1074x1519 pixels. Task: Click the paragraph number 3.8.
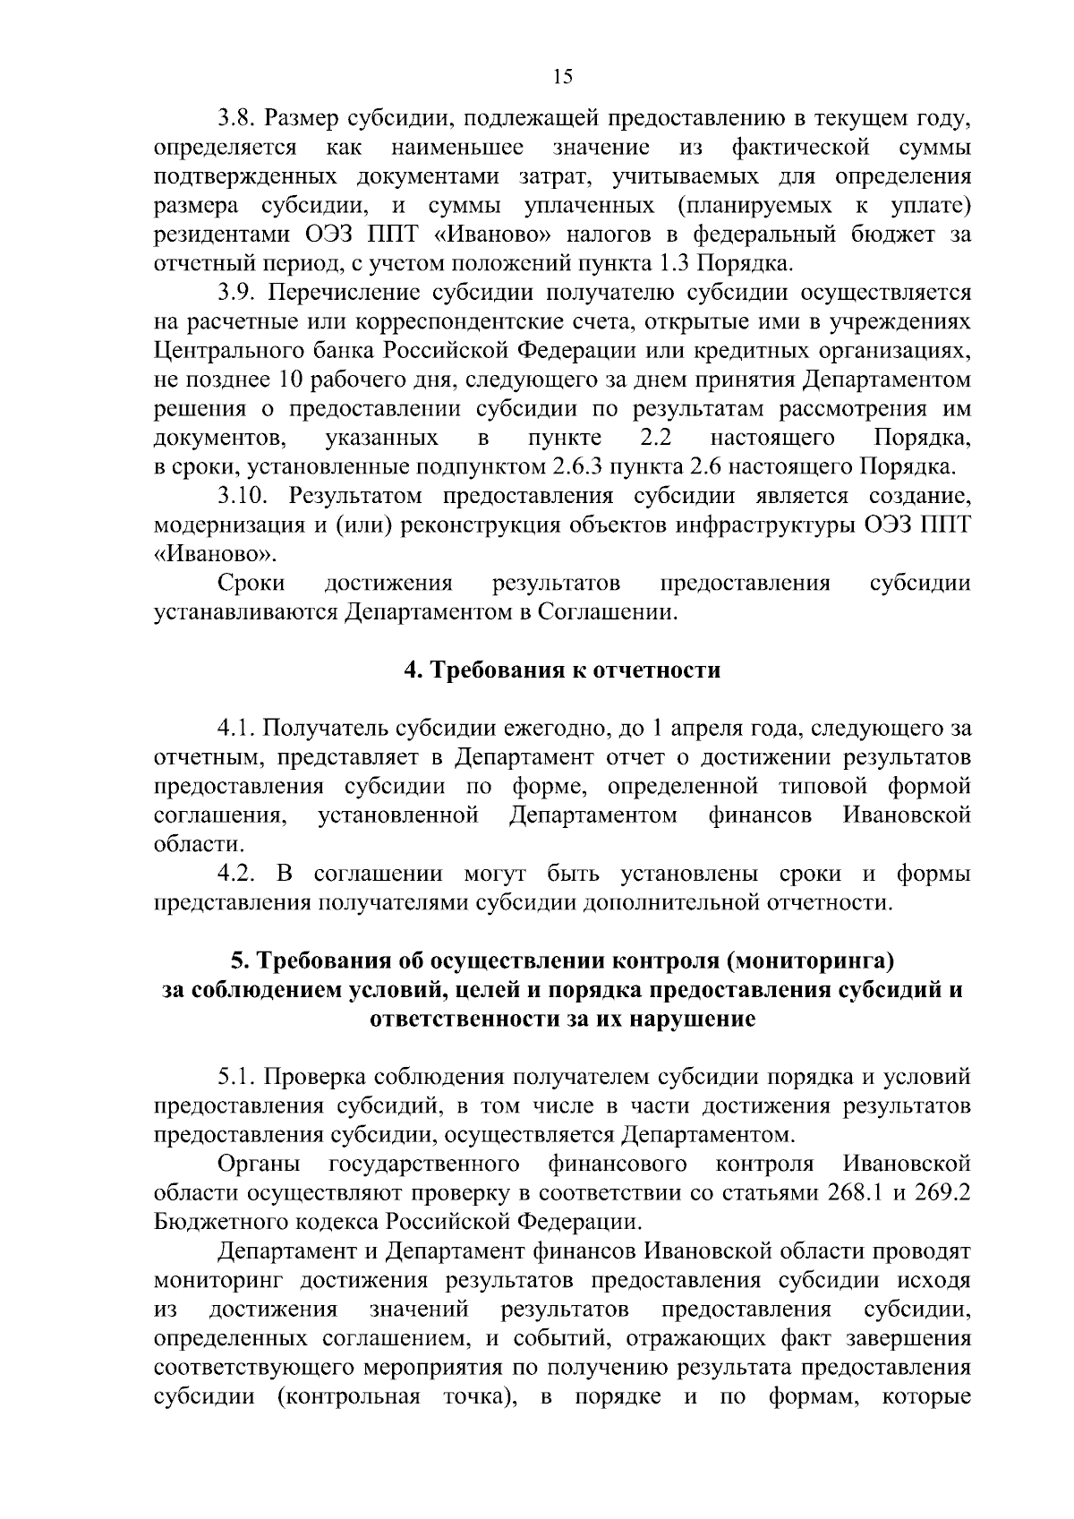click(238, 118)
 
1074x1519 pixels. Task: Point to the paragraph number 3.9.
click(238, 293)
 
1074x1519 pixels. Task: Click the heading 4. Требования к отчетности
click(562, 670)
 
